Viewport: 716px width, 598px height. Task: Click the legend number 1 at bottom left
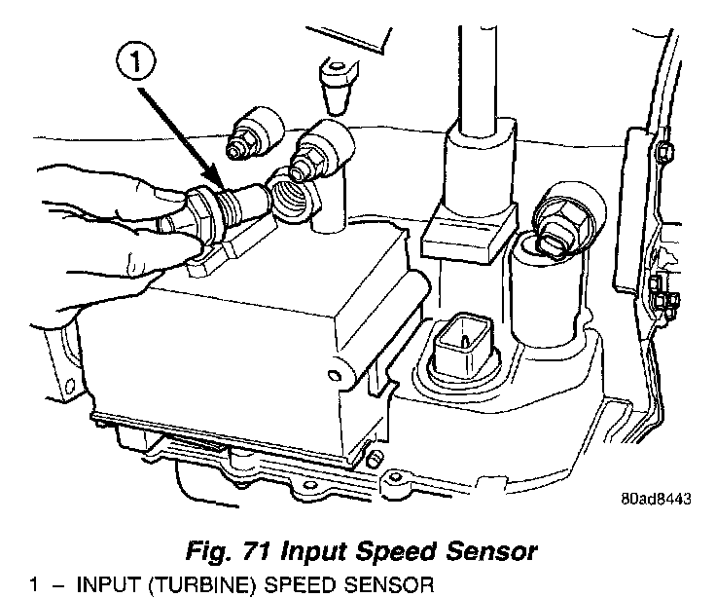pos(34,585)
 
